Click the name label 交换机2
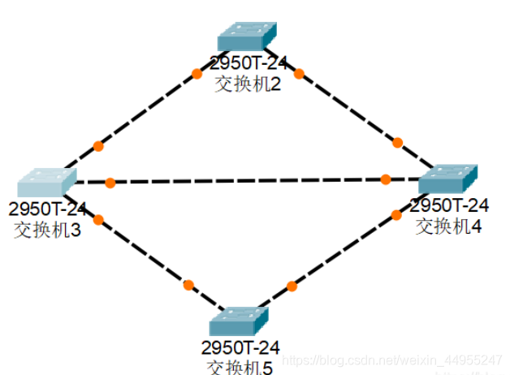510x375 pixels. pos(248,84)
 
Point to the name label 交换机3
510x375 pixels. pos(47,229)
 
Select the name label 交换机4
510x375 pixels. pos(449,226)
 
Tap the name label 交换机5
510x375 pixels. pos(240,367)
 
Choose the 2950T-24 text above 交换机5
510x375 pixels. pos(240,347)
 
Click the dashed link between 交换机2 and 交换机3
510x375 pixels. pos(146,110)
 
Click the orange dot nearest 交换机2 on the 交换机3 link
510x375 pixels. pos(196,74)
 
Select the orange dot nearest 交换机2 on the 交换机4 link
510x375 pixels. pos(298,74)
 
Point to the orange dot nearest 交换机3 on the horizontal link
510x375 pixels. pos(110,183)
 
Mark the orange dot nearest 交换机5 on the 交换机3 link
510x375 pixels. pos(188,285)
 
